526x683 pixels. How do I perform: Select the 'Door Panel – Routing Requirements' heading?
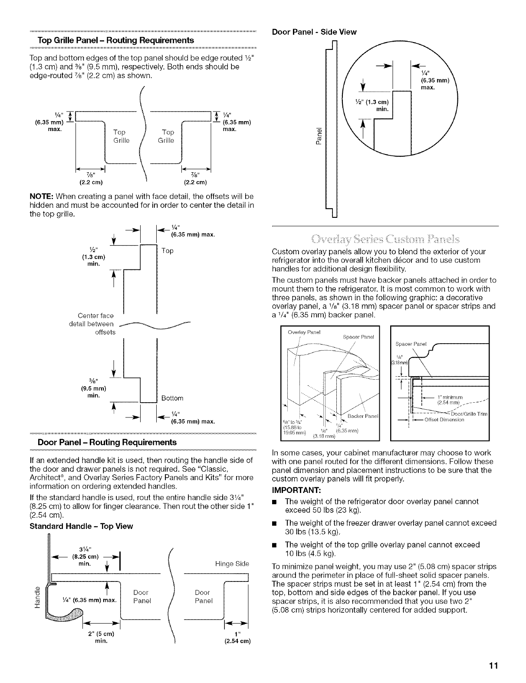click(x=107, y=442)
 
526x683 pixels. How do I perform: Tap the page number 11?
click(x=493, y=666)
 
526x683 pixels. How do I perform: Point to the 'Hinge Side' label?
click(x=231, y=564)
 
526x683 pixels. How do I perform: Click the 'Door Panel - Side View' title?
click(x=314, y=32)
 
